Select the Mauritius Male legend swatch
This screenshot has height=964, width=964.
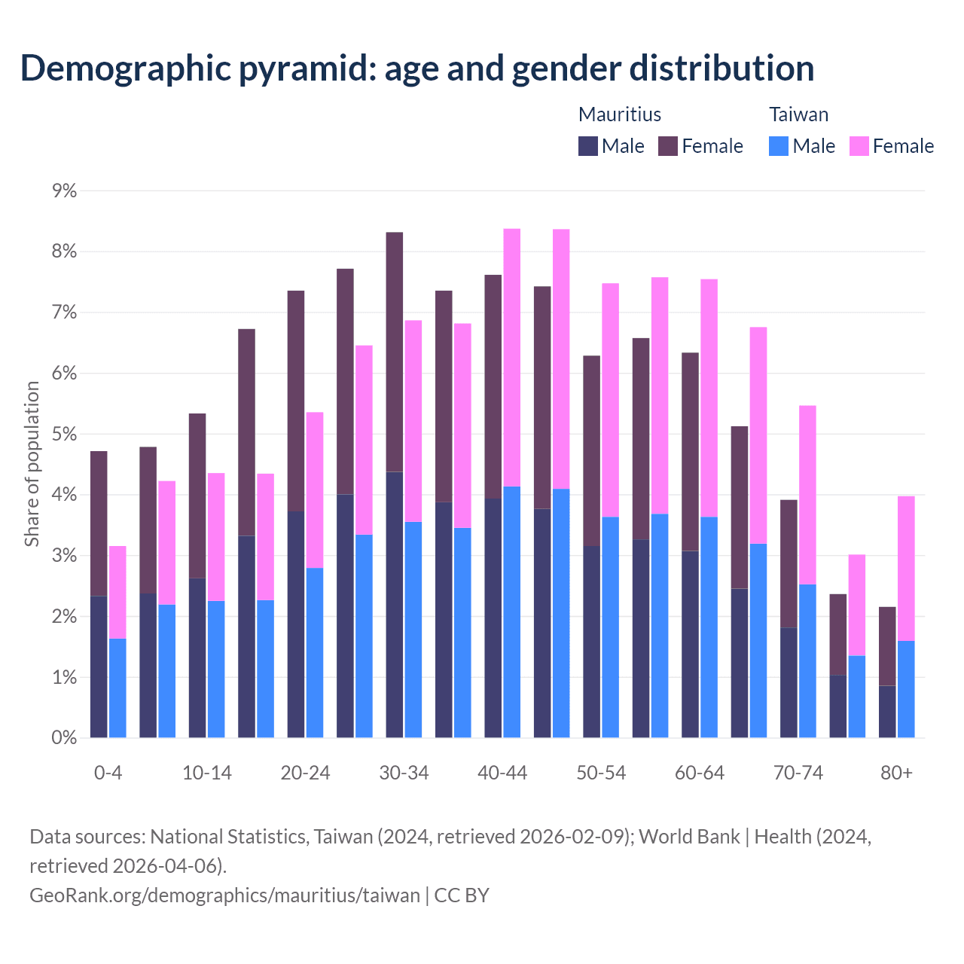587,146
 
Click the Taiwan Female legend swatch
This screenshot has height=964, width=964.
859,146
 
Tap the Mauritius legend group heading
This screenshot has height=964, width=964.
619,114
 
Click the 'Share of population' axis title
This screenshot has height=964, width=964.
32,463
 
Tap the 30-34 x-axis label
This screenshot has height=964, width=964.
404,773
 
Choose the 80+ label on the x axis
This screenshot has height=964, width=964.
896,773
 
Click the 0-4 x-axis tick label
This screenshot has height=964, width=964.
108,773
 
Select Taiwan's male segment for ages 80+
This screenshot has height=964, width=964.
906,689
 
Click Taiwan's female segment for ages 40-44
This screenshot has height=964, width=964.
512,358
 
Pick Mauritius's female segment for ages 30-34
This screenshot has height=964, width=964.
395,352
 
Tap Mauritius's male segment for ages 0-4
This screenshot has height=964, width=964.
99,667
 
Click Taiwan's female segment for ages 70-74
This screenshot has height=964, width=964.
807,495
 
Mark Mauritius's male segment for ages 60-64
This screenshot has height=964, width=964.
690,644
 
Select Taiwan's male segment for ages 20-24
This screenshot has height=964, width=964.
315,652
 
